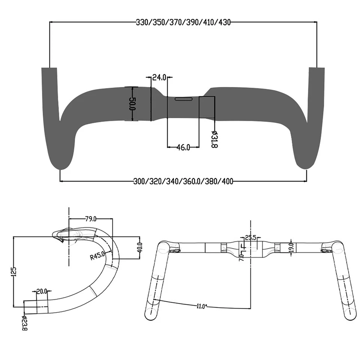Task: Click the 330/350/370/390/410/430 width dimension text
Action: pyautogui.click(x=183, y=22)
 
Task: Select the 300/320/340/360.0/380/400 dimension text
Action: pyautogui.click(x=183, y=181)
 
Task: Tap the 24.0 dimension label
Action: pyautogui.click(x=159, y=78)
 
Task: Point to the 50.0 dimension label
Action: pyautogui.click(x=132, y=104)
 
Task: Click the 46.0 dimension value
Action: pyautogui.click(x=183, y=147)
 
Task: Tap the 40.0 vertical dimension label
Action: pyautogui.click(x=140, y=248)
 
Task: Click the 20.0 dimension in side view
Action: pyautogui.click(x=42, y=291)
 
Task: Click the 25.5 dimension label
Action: pyautogui.click(x=250, y=237)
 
